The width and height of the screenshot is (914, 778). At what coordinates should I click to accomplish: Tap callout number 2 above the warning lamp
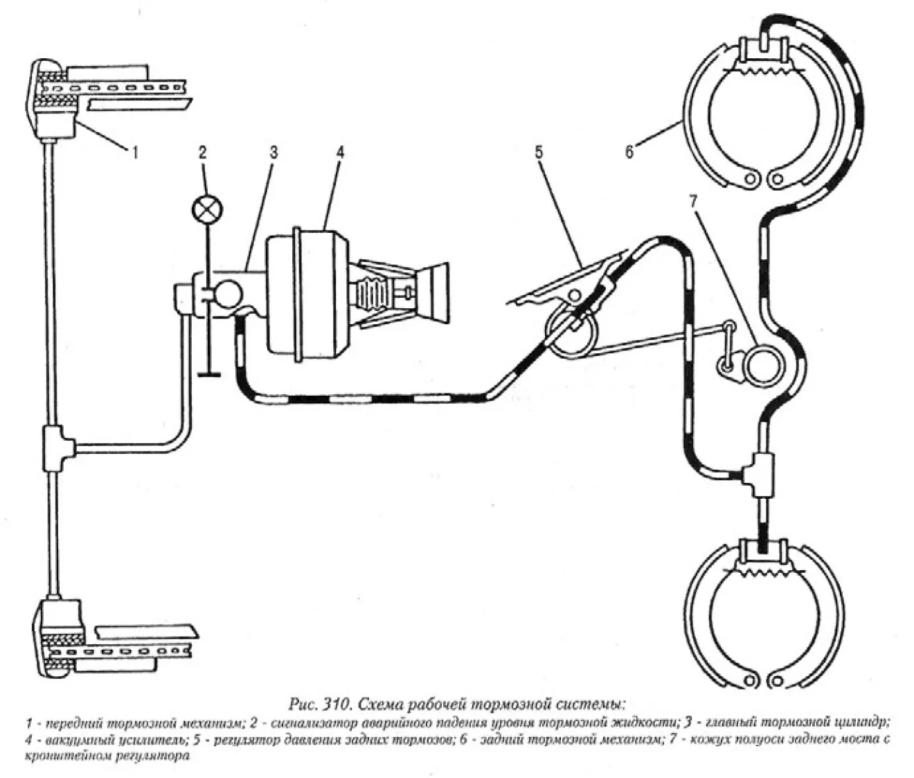203,152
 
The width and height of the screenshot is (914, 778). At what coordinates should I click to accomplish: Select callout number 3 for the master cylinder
273,152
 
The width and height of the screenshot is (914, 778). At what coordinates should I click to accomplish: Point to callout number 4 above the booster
339,152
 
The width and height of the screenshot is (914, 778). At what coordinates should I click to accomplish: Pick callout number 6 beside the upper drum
629,152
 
